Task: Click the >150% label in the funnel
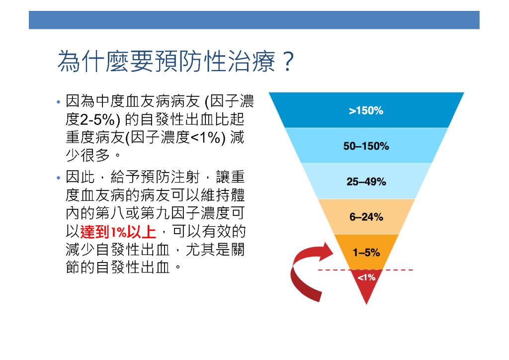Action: (366, 111)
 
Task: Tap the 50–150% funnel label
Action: (366, 146)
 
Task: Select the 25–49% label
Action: (366, 181)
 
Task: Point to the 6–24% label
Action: (366, 217)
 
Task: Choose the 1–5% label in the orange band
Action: (366, 252)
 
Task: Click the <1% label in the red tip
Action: (366, 277)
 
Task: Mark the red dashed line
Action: (365, 270)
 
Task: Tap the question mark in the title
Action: (288, 61)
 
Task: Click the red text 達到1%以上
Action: (118, 232)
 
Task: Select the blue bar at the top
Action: (254, 20)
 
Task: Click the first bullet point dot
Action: (59, 102)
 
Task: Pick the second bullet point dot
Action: (59, 178)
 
